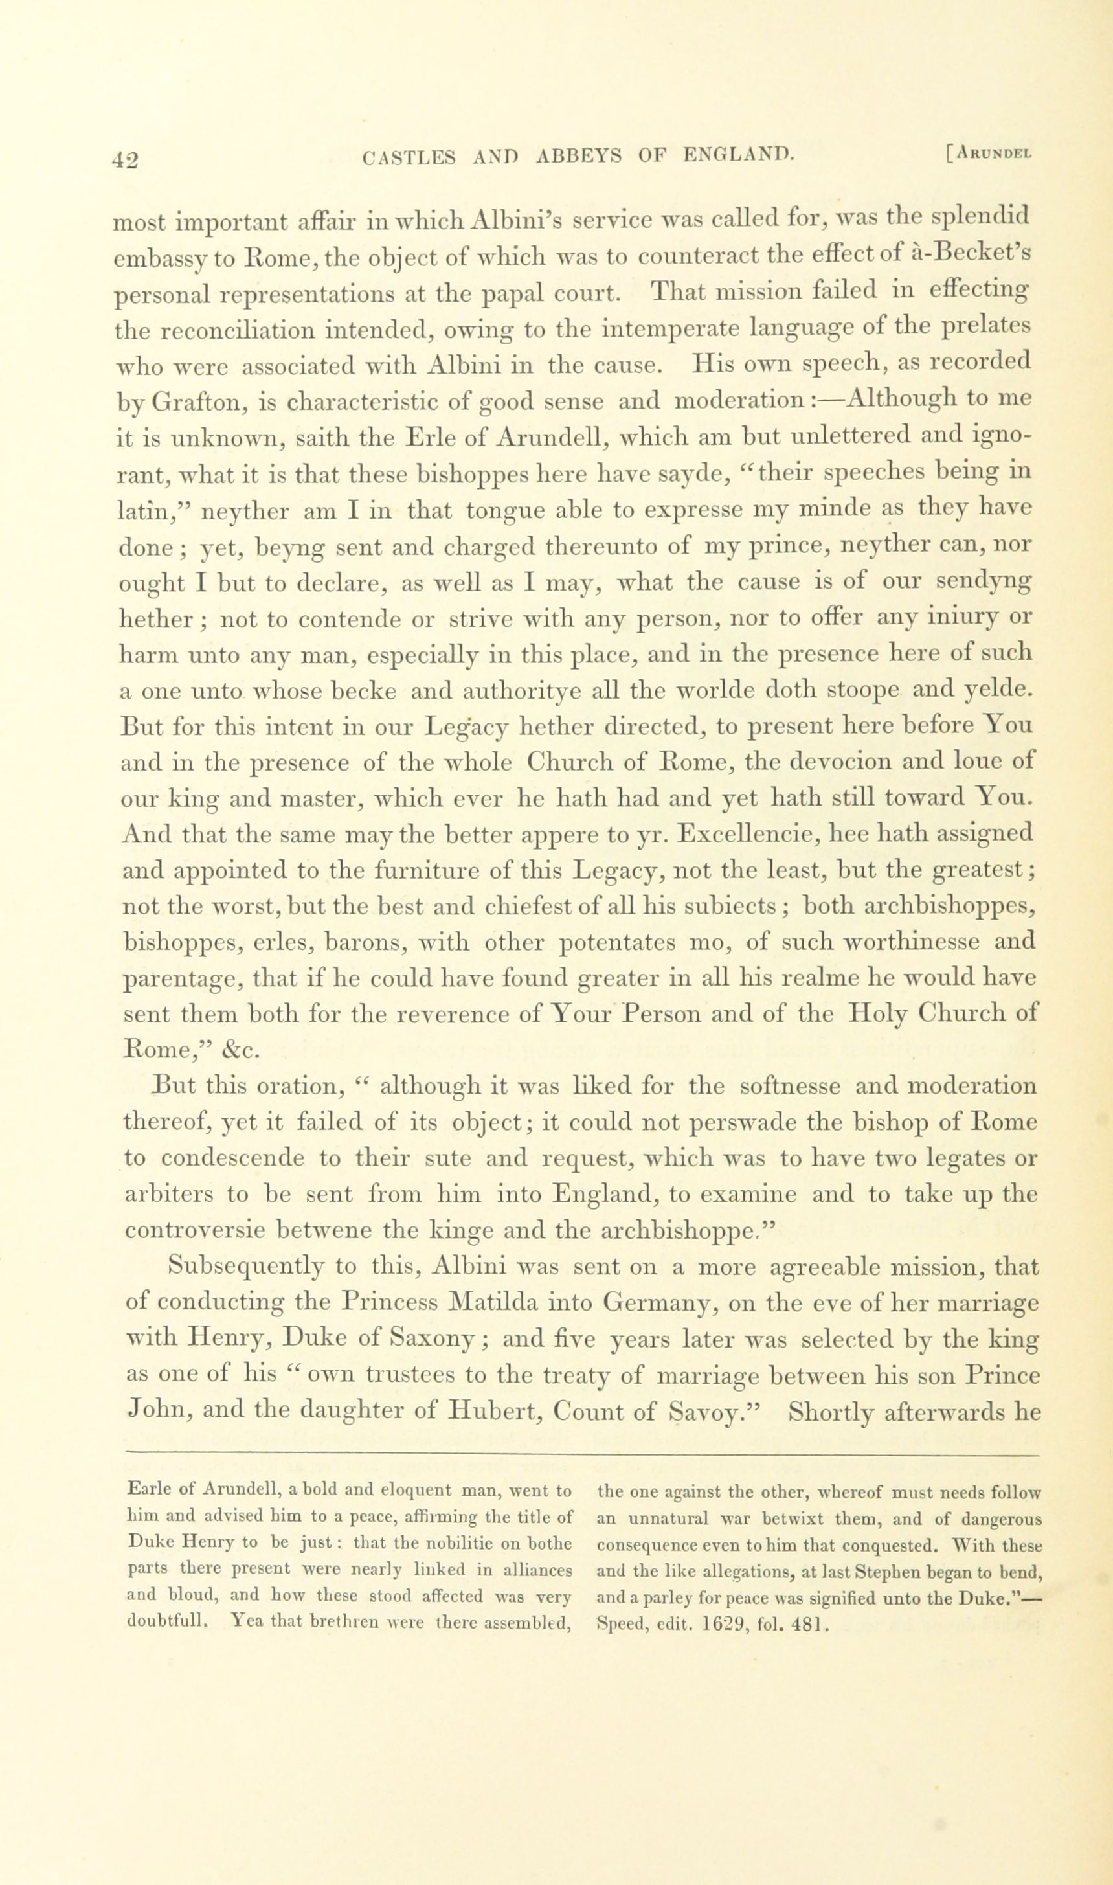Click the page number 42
pyautogui.click(x=125, y=160)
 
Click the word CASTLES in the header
pyautogui.click(x=409, y=157)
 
